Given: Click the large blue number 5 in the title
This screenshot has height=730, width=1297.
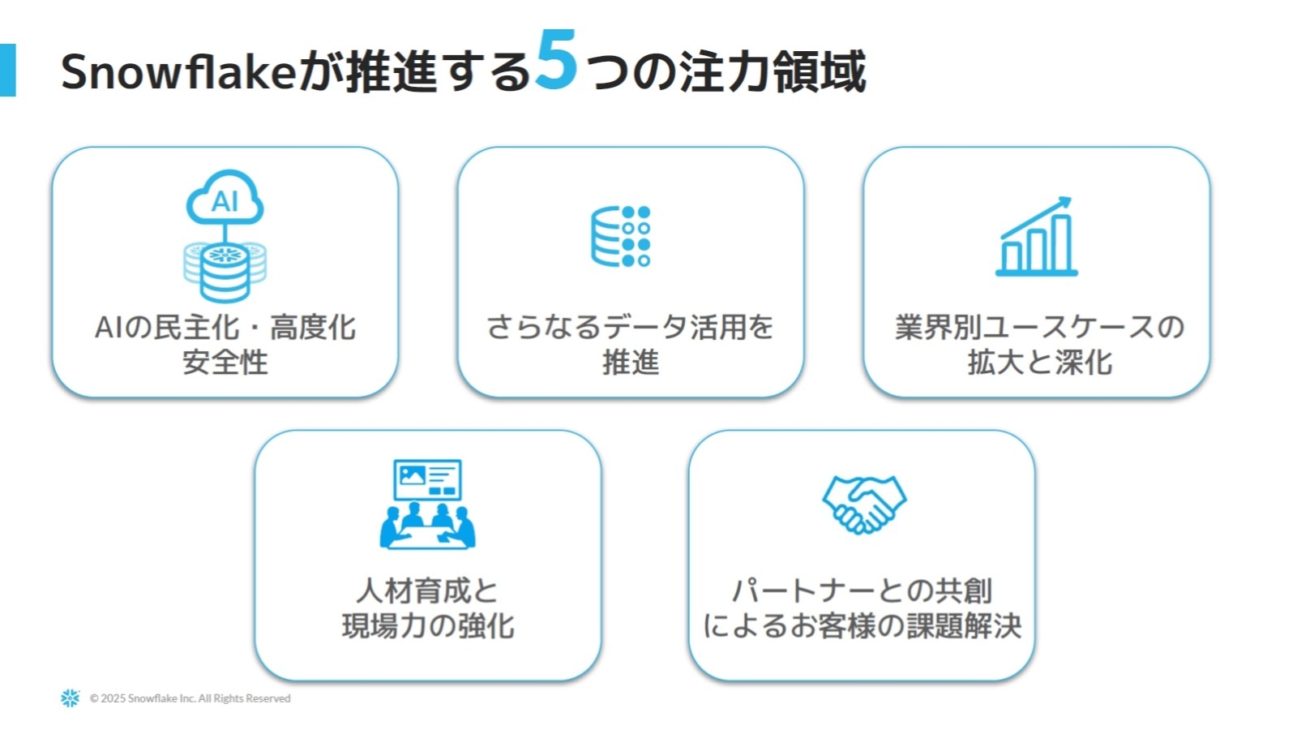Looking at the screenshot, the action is (556, 59).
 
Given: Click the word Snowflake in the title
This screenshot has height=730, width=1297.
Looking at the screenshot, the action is (178, 71).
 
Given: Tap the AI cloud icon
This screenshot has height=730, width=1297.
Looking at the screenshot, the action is (225, 197).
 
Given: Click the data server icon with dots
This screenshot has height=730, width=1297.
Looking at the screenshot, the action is (621, 236).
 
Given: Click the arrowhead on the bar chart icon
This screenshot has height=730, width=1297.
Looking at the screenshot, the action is (1065, 204).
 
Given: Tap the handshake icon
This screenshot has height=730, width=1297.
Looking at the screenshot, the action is (864, 504).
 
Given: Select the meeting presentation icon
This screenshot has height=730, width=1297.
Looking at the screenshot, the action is (427, 504).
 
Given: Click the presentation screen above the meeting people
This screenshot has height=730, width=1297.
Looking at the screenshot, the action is (427, 479).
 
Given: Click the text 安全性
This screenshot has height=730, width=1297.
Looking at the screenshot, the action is (225, 362).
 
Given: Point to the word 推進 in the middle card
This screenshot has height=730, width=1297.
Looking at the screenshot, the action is (631, 362).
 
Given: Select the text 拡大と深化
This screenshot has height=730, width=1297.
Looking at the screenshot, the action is (1040, 362).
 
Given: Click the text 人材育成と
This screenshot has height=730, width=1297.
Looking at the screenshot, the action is (427, 591).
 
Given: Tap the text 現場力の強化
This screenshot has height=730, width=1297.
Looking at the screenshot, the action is (428, 625).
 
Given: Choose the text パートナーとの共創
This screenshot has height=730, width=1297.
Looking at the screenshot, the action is (863, 591).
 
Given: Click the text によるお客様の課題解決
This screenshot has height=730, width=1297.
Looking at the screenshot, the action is (863, 625).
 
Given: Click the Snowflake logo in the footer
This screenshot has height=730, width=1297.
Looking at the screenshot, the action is (70, 698).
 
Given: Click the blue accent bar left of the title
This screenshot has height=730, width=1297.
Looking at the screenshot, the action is (7, 70).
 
